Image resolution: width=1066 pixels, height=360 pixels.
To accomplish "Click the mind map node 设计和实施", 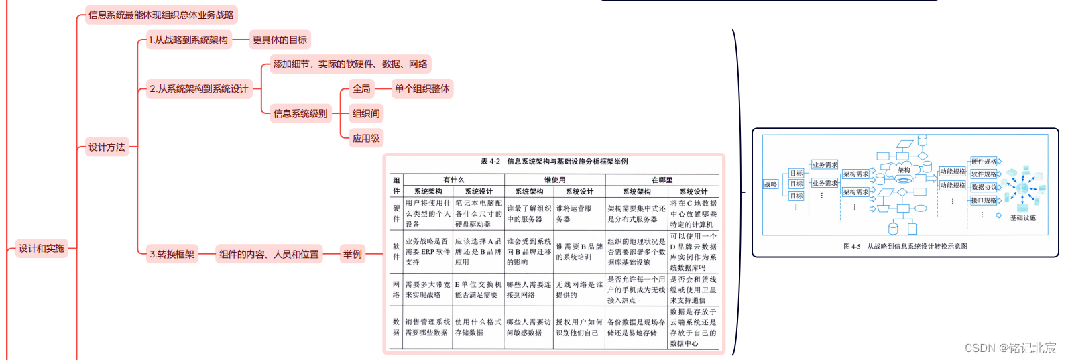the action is [x=41, y=249].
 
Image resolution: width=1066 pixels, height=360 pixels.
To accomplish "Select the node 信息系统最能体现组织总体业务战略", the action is [x=161, y=15].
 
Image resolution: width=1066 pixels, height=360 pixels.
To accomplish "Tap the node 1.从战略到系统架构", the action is [x=188, y=40].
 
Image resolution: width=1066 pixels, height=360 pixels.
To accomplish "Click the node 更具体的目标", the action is [x=280, y=40].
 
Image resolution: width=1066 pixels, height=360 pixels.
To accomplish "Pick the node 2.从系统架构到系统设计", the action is [x=198, y=88].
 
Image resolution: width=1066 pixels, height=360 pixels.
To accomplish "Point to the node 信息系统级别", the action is [x=300, y=113].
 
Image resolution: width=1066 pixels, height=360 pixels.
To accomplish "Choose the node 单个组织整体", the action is [x=422, y=88].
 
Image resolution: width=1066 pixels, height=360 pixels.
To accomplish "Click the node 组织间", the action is [x=366, y=113].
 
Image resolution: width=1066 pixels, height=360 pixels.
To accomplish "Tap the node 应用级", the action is [x=366, y=138].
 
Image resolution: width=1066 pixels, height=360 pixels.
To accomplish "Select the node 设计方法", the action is [x=107, y=147].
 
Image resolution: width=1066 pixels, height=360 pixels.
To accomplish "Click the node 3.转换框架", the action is [x=172, y=254].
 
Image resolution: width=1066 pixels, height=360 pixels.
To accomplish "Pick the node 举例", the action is [x=352, y=254].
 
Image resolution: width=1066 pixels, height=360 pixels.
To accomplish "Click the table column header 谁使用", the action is [x=554, y=180].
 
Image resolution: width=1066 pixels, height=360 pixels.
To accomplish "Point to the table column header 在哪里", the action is [x=662, y=180].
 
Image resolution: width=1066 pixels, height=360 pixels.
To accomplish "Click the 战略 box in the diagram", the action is [x=770, y=184].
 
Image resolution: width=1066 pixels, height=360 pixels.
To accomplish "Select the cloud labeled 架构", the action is [x=904, y=170].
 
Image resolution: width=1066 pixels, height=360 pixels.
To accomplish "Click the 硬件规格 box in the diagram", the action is [x=984, y=162].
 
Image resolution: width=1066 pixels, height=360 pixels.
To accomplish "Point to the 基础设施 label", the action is [x=1022, y=217].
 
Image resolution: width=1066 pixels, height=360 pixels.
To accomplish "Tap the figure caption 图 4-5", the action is [x=905, y=246].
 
